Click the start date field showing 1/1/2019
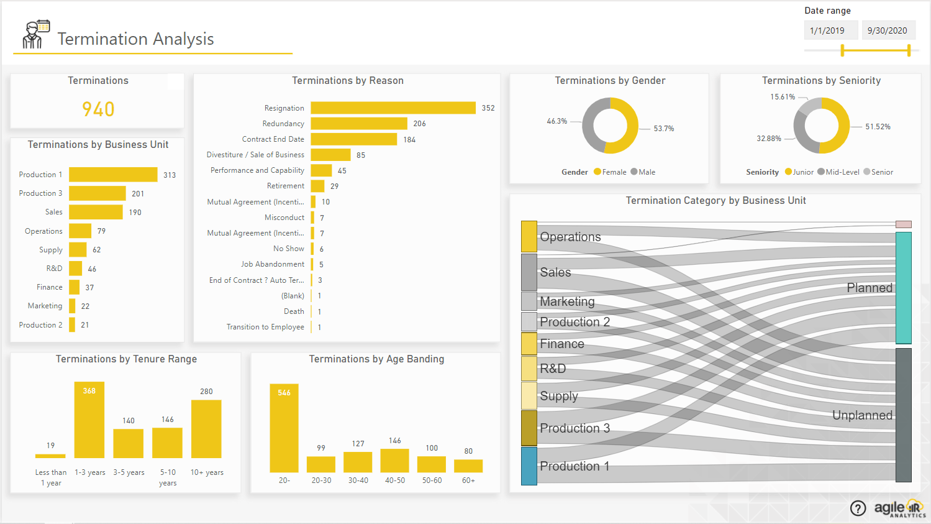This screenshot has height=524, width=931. tap(830, 30)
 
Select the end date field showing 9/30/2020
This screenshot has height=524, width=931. tap(888, 30)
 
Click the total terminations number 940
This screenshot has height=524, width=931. tap(98, 109)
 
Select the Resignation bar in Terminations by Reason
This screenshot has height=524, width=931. tap(393, 108)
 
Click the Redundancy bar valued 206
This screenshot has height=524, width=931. tap(358, 124)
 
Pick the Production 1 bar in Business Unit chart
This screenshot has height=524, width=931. tap(113, 175)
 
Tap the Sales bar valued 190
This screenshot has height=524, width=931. tap(96, 213)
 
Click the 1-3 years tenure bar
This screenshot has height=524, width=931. tap(89, 420)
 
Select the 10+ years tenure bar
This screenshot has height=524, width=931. tap(206, 429)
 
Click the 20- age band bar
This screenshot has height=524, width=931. tap(284, 428)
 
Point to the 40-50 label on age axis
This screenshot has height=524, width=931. tap(395, 480)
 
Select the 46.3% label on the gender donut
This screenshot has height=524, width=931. tap(556, 121)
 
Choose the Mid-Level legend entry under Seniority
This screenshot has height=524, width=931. tap(838, 172)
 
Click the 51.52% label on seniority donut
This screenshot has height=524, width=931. tap(878, 127)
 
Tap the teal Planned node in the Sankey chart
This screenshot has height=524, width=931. tap(903, 288)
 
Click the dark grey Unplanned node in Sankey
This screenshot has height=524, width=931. tap(903, 415)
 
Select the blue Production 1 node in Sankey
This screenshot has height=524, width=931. tap(529, 466)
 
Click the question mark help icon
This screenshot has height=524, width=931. tap(858, 508)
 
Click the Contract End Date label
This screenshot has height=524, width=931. tap(273, 139)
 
